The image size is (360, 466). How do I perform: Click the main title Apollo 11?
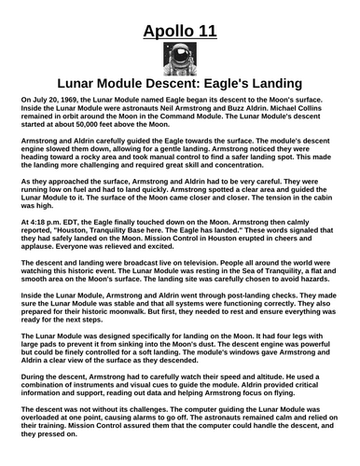(x=180, y=34)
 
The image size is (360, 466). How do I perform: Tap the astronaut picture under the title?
(x=179, y=62)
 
